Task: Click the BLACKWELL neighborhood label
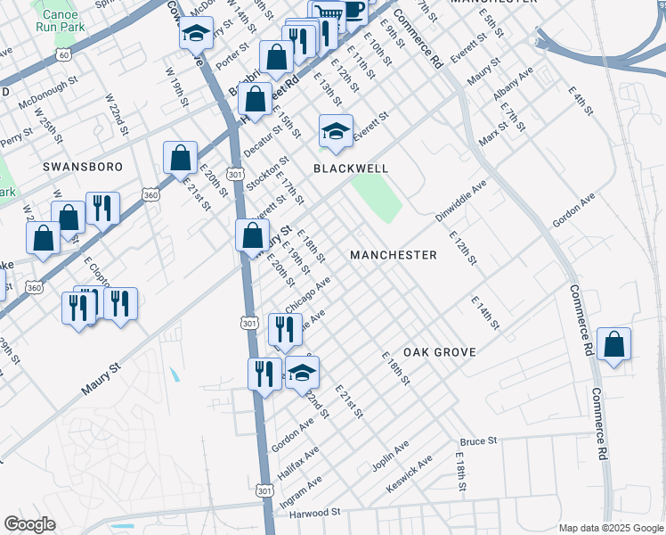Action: [x=351, y=168]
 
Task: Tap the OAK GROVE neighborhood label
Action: [x=439, y=352]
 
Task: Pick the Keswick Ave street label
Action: [x=410, y=474]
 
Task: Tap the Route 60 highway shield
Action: [x=62, y=54]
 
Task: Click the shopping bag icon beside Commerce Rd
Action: [x=613, y=344]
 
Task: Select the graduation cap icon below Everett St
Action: [x=336, y=132]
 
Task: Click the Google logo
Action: [x=29, y=524]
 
